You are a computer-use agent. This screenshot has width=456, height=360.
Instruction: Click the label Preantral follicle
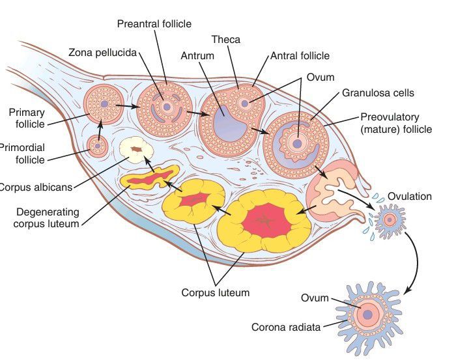coord(154,24)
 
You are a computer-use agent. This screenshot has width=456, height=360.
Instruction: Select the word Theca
coord(226,40)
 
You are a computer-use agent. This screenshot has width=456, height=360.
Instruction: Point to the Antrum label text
coord(197,56)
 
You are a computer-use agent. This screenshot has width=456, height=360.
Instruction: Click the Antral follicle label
coord(300,56)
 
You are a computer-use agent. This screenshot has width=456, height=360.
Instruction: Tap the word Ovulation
coord(410,197)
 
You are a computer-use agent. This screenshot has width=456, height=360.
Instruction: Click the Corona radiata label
coord(286,327)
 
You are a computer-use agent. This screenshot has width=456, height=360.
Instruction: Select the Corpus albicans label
coord(36,187)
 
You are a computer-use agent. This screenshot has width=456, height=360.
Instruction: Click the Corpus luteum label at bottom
coord(215,292)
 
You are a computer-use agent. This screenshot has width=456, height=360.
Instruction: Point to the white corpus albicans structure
coord(136,152)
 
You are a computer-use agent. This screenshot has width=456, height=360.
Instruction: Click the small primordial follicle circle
coord(98,146)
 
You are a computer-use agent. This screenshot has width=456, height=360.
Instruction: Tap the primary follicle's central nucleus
coord(103,104)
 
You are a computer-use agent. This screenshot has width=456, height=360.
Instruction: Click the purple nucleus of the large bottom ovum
coord(367,315)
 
